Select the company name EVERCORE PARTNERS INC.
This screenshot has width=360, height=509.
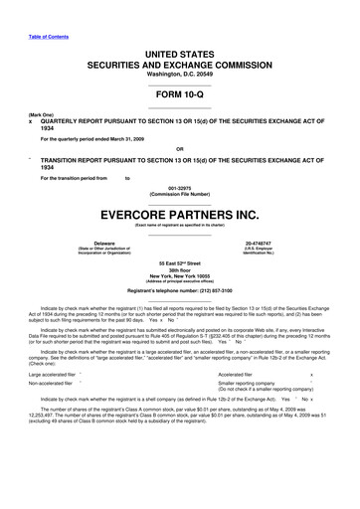point(179,213)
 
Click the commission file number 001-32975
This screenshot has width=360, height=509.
point(179,187)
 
